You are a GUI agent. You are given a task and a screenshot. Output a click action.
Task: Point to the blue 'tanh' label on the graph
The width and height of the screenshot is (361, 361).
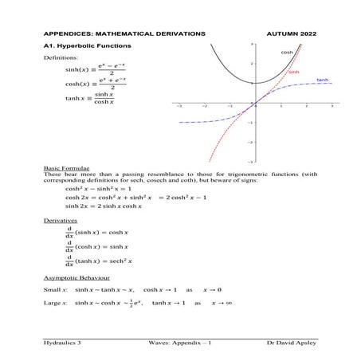click(323, 80)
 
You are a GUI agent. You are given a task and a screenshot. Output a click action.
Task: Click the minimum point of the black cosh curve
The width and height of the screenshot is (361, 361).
click(256, 83)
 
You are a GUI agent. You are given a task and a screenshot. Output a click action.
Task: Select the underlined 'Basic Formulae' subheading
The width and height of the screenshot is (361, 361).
click(65, 170)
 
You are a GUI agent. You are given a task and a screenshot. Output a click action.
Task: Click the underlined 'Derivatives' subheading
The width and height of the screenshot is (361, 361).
click(60, 218)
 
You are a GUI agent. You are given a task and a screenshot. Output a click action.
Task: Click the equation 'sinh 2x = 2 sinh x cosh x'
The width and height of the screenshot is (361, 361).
click(104, 206)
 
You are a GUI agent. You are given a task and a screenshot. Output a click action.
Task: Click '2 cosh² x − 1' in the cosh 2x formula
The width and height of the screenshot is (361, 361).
click(186, 197)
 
